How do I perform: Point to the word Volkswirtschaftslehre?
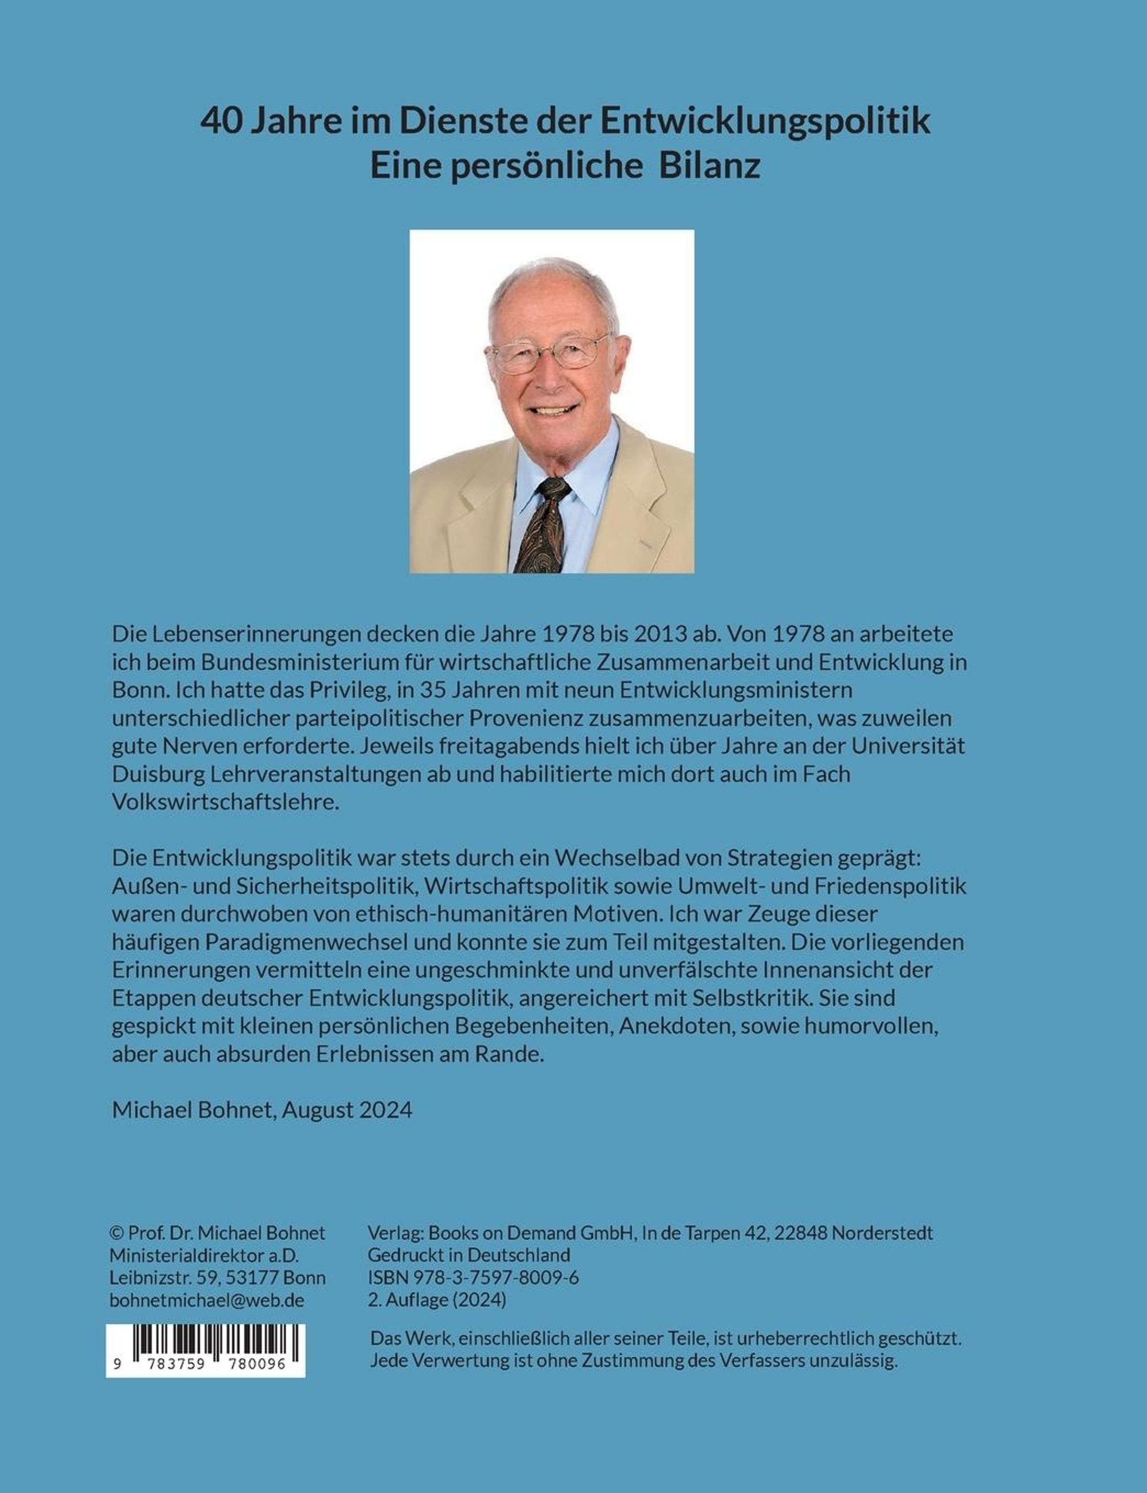pos(225,802)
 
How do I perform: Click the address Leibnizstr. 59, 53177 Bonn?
pos(217,1278)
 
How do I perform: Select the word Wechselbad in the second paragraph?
pos(598,858)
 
